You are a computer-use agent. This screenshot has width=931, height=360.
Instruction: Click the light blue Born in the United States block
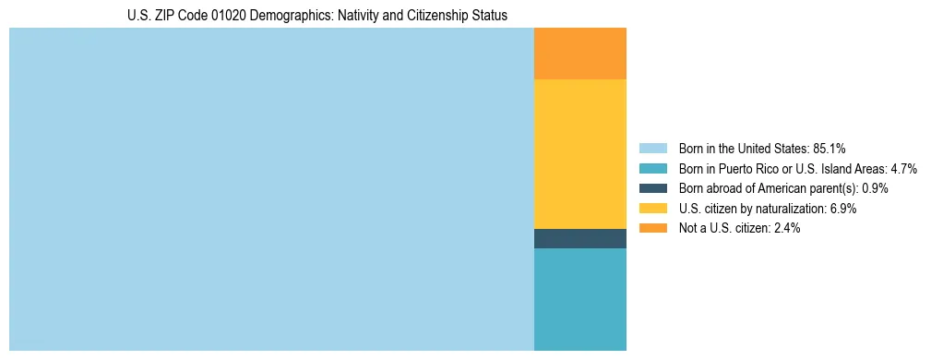[271, 189]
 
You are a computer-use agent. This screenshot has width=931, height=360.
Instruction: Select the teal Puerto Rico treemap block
[579, 299]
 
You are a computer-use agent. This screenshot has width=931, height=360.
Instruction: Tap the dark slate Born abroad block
[579, 238]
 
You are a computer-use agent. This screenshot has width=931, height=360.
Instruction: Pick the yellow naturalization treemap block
[579, 154]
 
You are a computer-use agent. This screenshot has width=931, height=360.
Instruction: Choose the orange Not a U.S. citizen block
[579, 54]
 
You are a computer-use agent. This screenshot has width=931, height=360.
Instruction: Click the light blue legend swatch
[652, 149]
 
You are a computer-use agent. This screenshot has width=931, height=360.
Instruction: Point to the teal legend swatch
[652, 169]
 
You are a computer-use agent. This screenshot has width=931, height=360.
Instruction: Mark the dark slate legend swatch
[652, 188]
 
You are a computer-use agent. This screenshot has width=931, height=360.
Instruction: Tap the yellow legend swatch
[652, 209]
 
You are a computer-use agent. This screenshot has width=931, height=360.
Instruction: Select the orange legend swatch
[652, 228]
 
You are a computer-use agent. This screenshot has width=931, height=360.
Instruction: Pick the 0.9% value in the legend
[875, 188]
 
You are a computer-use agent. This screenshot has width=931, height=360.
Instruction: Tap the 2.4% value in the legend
[786, 228]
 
